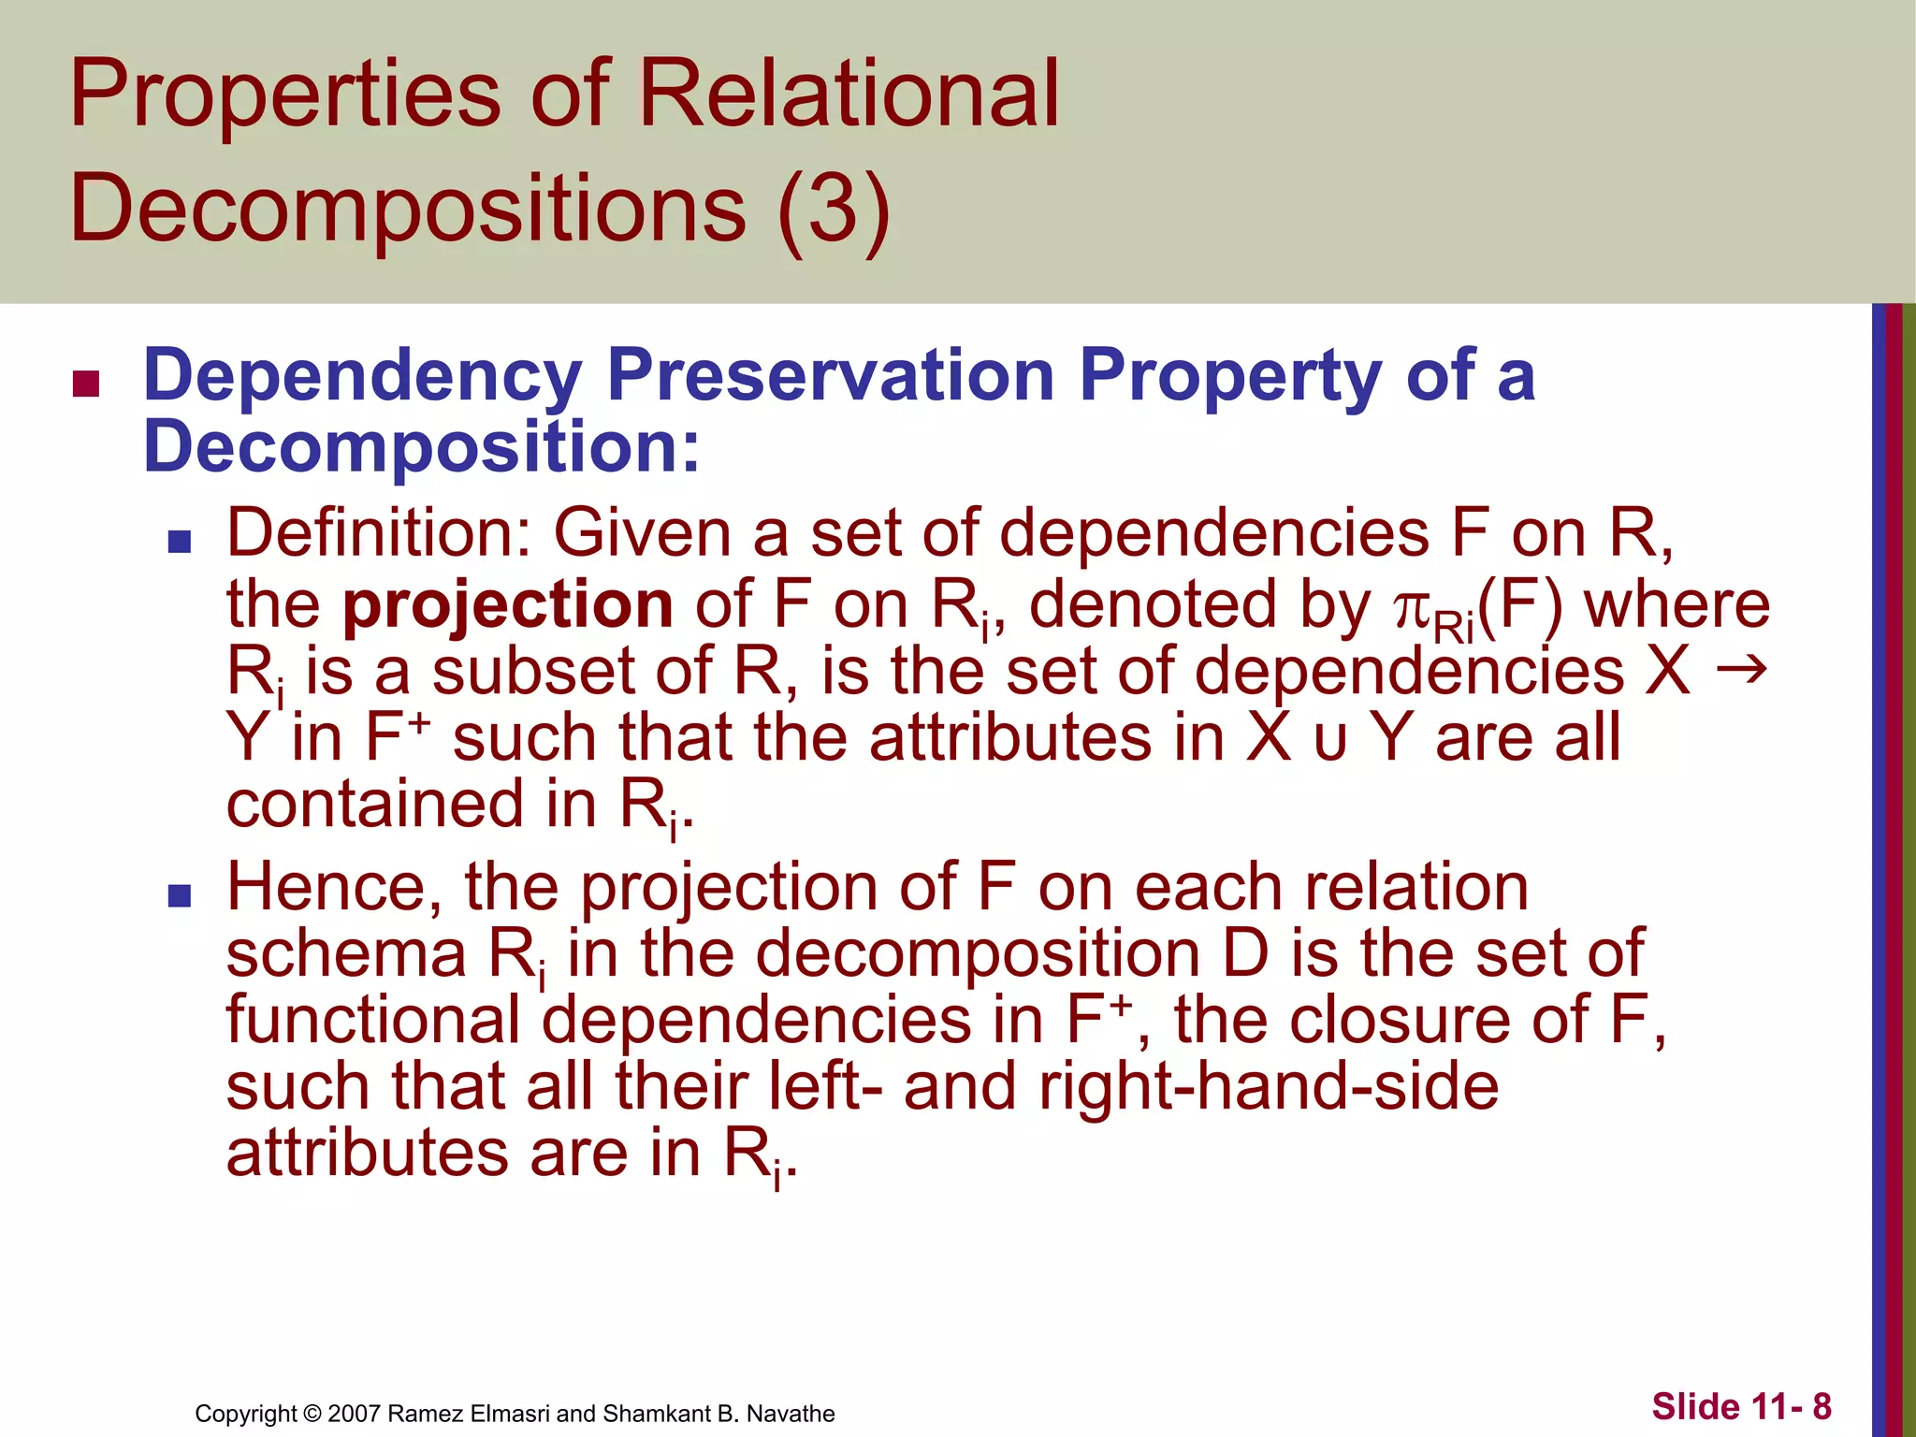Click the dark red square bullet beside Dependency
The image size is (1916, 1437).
pyautogui.click(x=86, y=384)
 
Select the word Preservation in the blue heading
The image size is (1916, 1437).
pyautogui.click(x=831, y=376)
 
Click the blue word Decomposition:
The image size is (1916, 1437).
pyautogui.click(x=421, y=446)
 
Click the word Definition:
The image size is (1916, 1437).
pyautogui.click(x=379, y=533)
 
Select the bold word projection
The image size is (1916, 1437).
pyautogui.click(x=507, y=605)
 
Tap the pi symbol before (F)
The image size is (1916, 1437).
pyautogui.click(x=1412, y=610)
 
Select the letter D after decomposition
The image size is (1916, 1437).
pyautogui.click(x=1245, y=954)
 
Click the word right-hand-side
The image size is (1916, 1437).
pyautogui.click(x=1269, y=1087)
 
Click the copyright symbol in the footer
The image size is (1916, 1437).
pyautogui.click(x=312, y=1414)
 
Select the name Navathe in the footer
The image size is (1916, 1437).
pyautogui.click(x=791, y=1414)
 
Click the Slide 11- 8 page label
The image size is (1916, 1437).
pyautogui.click(x=1741, y=1406)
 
